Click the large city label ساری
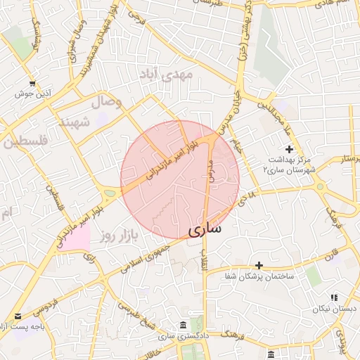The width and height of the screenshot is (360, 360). pyautogui.click(x=205, y=229)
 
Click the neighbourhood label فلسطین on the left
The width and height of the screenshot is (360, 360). pyautogui.click(x=27, y=141)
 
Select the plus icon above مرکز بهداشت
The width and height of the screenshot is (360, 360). pyautogui.click(x=289, y=149)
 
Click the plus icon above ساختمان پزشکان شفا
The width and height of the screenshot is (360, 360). pyautogui.click(x=259, y=265)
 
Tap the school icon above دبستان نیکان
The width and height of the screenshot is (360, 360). pyautogui.click(x=334, y=297)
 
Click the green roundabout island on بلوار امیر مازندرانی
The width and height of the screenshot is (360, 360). pyautogui.click(x=110, y=192)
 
